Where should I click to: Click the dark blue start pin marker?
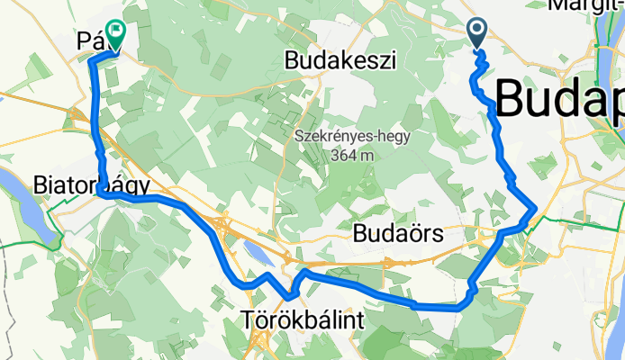click(x=477, y=33)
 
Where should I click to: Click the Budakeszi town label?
click(x=340, y=60)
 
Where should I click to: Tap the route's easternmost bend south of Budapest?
click(x=536, y=209)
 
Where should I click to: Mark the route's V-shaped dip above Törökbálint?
click(x=289, y=295)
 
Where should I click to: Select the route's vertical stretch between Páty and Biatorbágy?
click(x=96, y=126)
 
